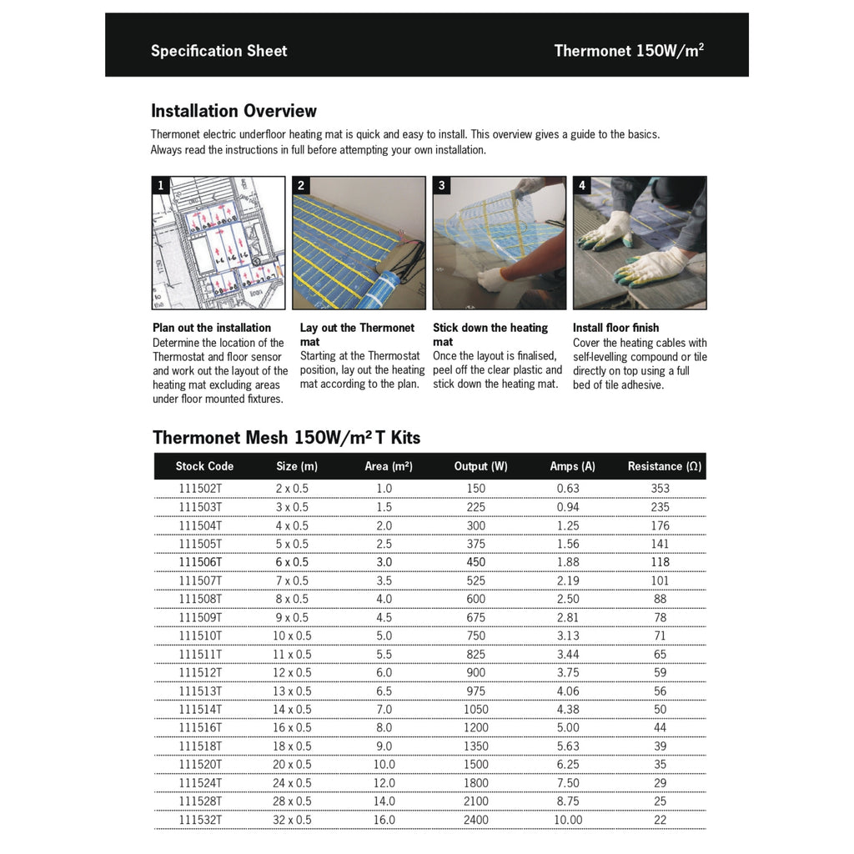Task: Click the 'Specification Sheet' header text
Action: coord(219,51)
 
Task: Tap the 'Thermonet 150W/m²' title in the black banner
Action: coord(629,50)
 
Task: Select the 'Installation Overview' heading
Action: coord(234,111)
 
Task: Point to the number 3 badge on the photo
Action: coord(442,186)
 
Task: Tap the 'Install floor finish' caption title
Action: coord(615,328)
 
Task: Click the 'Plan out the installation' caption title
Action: coord(212,328)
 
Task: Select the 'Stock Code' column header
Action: coord(204,466)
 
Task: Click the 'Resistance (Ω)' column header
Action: coord(664,466)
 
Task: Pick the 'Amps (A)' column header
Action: coord(572,466)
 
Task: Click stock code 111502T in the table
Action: coord(200,489)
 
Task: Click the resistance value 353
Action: coord(660,489)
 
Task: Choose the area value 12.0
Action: coord(384,783)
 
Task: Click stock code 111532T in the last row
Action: coord(200,820)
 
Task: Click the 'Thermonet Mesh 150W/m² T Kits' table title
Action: coord(286,438)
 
